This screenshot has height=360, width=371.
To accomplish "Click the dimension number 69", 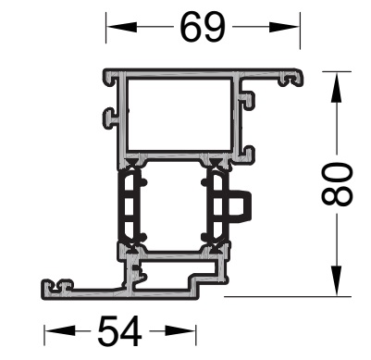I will (203, 28).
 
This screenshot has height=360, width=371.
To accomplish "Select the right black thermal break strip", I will (218, 208).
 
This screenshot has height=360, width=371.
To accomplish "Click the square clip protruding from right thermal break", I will (242, 206).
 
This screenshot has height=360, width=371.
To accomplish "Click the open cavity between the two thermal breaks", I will (173, 208).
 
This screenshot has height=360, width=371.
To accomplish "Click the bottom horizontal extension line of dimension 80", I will (287, 296).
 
